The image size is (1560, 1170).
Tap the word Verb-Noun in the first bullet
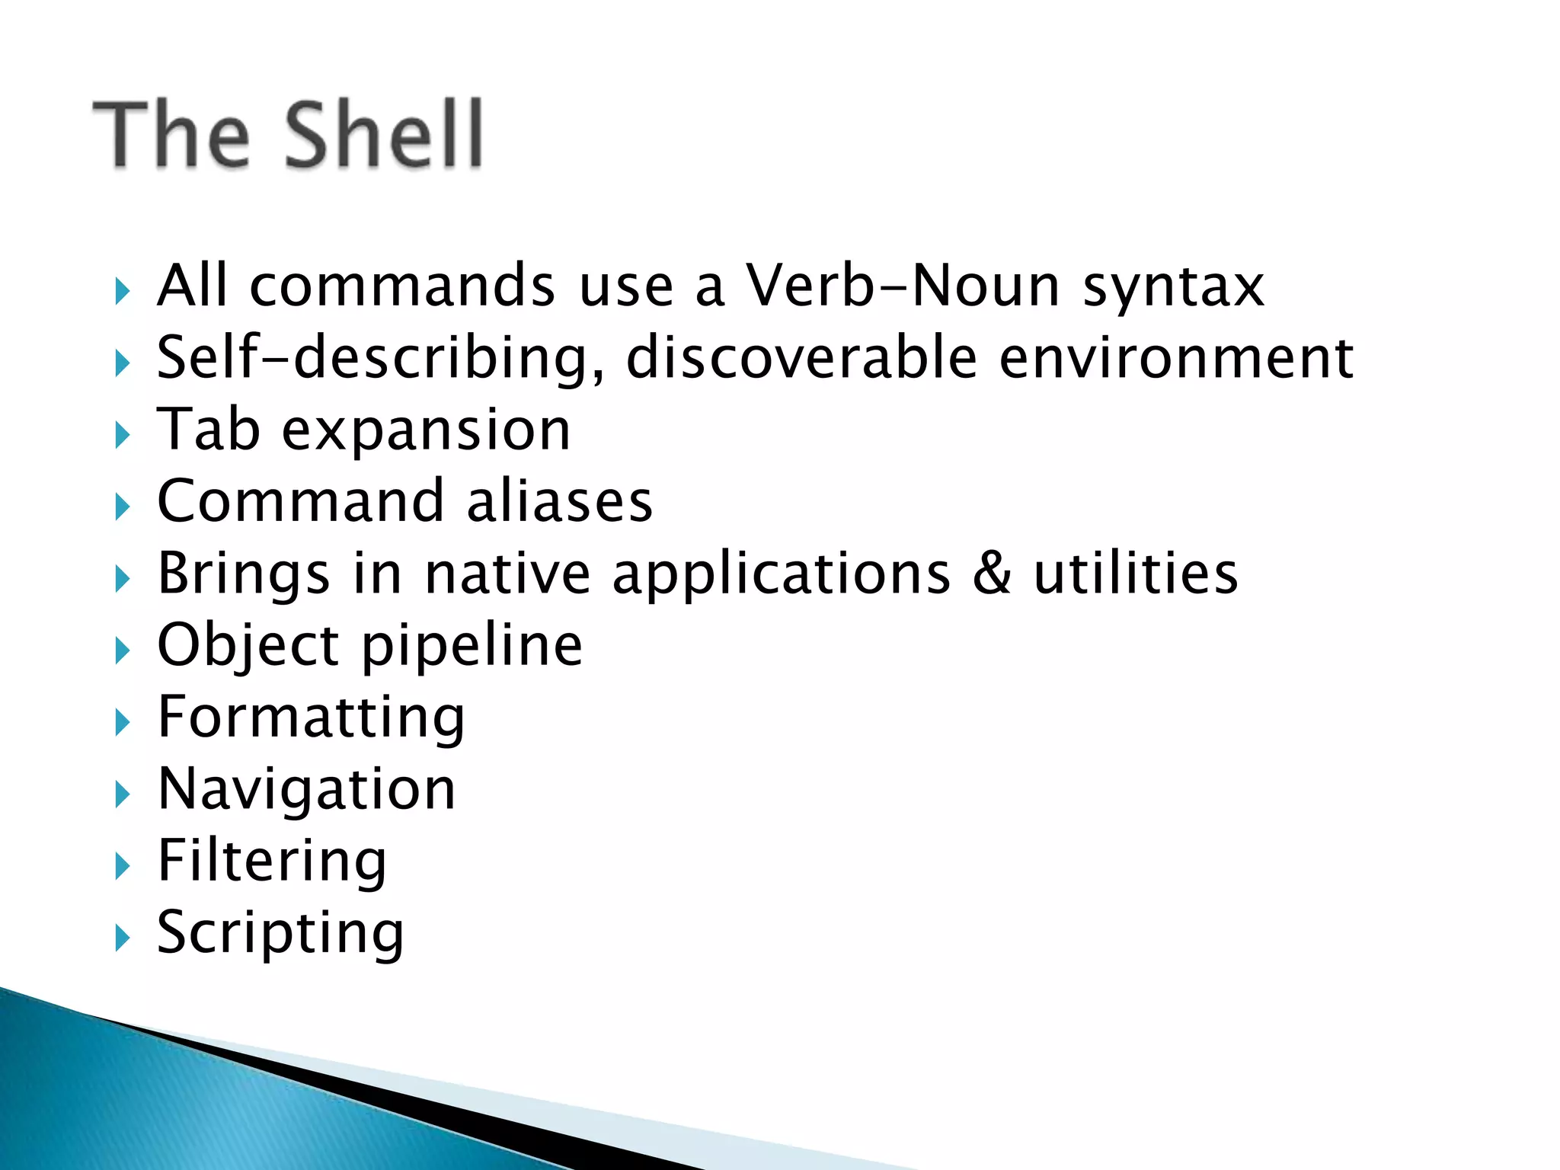point(903,286)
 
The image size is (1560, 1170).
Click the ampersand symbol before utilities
point(993,573)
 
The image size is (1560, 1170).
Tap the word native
point(507,573)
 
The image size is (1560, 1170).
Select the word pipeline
point(472,646)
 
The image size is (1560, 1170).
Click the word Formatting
point(311,718)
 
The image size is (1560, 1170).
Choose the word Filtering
point(272,861)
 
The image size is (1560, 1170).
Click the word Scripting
point(280,932)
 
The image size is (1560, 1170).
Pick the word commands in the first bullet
point(402,286)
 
